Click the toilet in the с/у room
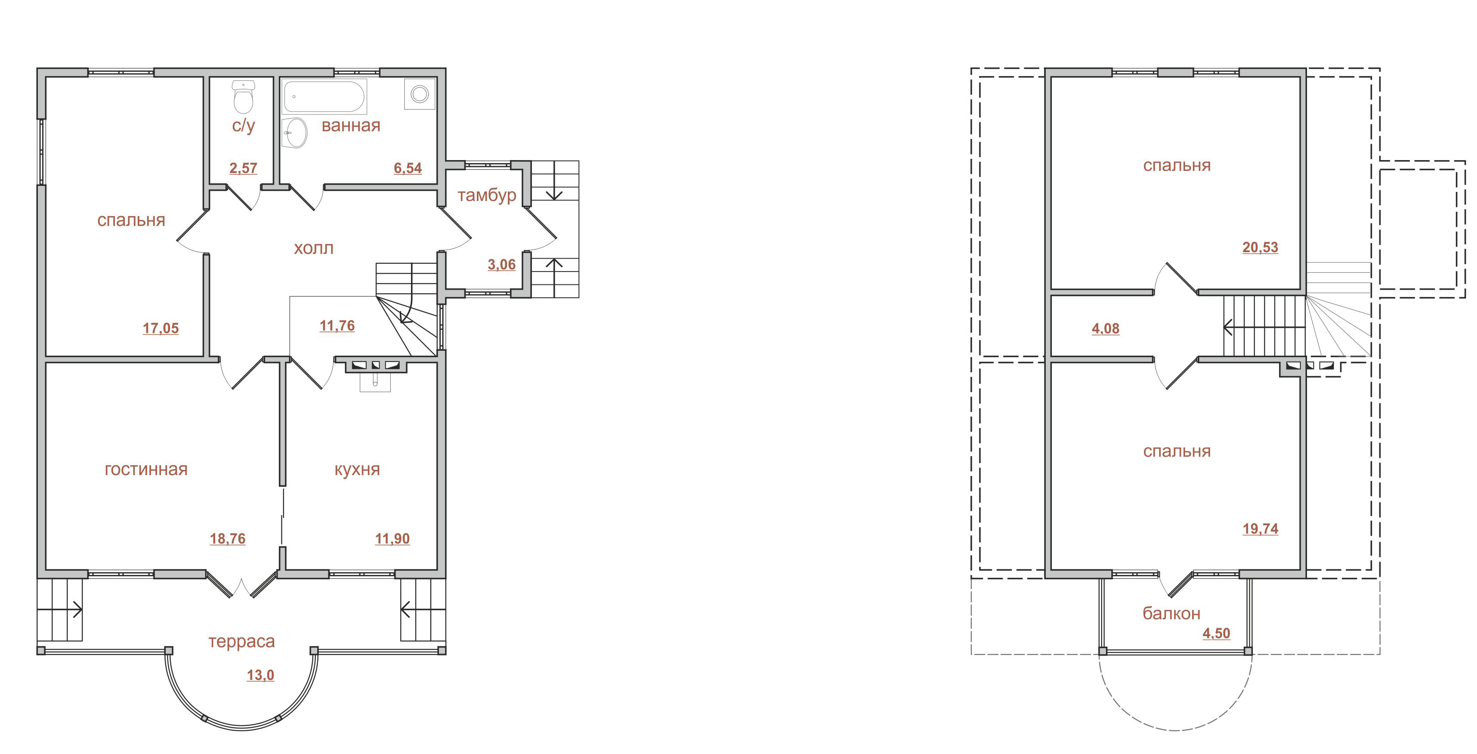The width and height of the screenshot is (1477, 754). click(244, 97)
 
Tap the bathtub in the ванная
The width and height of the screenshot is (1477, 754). click(324, 97)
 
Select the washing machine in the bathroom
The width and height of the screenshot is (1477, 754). click(420, 93)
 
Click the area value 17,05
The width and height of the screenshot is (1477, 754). click(161, 328)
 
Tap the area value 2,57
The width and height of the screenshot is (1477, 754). click(243, 168)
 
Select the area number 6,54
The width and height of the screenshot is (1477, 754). click(408, 168)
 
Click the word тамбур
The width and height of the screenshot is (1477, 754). click(487, 195)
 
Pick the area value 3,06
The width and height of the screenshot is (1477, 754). click(502, 265)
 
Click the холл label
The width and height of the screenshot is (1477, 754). click(314, 248)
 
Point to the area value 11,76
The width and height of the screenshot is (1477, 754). click(337, 326)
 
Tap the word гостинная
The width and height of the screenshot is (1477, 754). click(146, 470)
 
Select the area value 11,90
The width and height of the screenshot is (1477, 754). click(392, 539)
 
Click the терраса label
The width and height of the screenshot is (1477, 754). click(241, 642)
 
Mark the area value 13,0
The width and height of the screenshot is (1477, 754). click(260, 675)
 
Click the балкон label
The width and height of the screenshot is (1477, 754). click(1171, 614)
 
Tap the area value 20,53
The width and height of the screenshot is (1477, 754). click(1260, 248)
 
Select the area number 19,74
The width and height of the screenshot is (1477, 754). click(1260, 529)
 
